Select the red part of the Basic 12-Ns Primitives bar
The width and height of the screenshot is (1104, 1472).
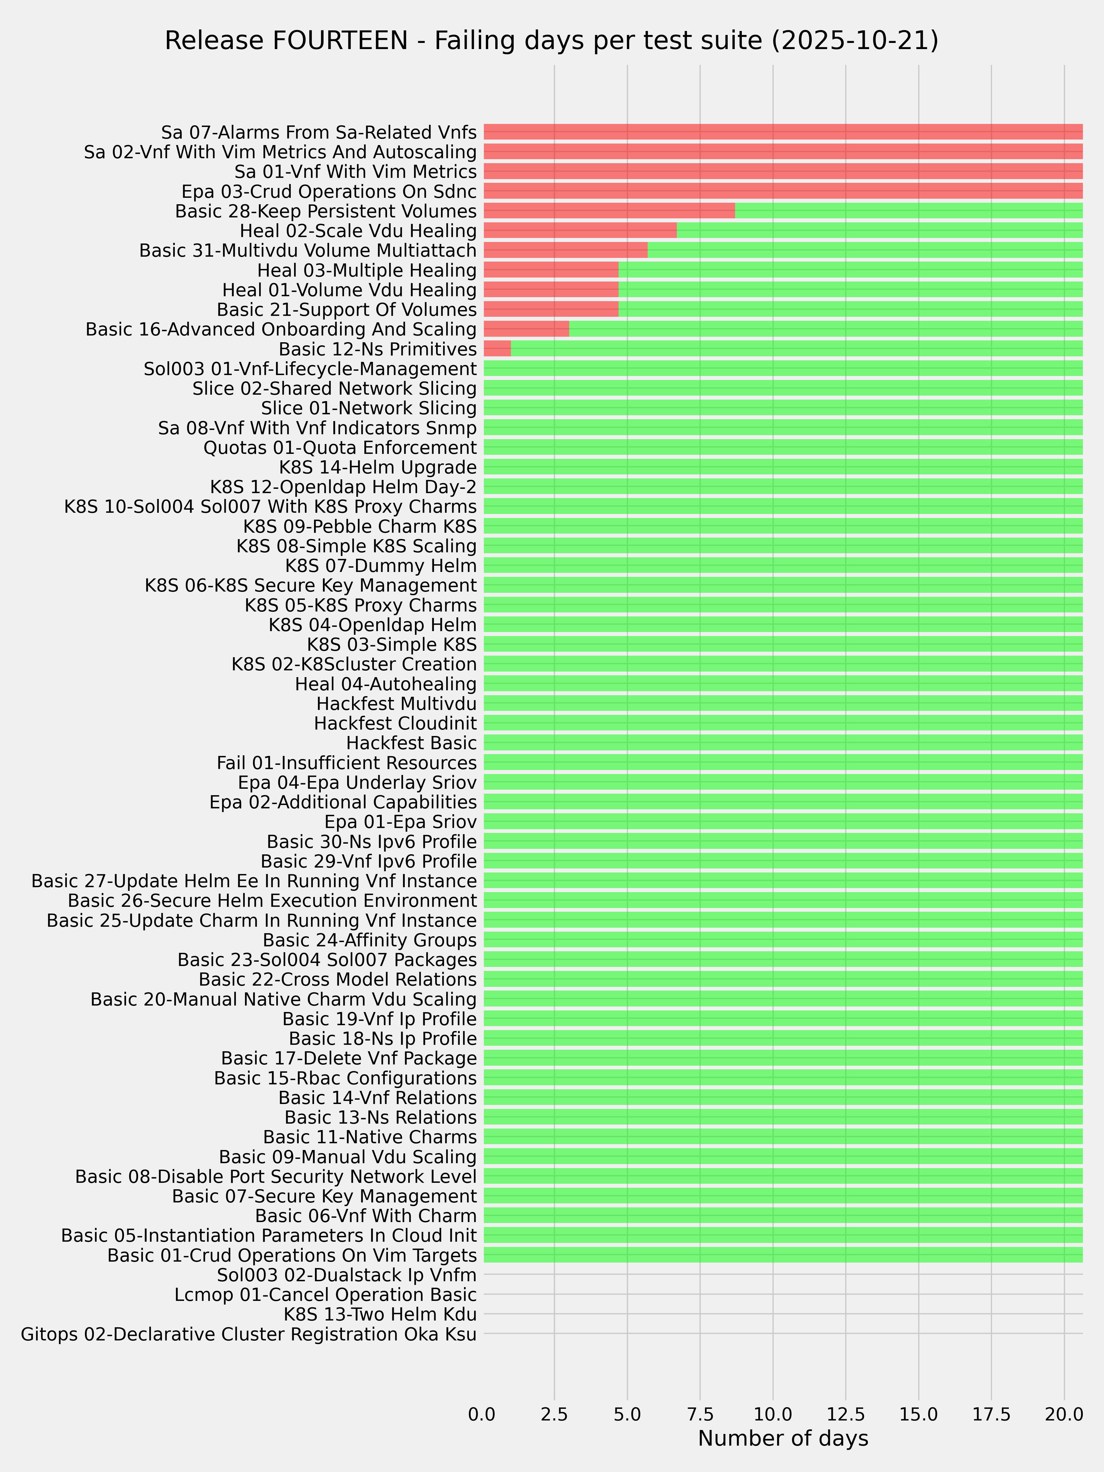(x=497, y=349)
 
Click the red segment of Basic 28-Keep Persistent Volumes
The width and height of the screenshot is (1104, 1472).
(x=609, y=211)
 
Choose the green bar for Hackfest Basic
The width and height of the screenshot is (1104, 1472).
(x=783, y=743)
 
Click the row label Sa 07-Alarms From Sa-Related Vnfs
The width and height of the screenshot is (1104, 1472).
(x=319, y=132)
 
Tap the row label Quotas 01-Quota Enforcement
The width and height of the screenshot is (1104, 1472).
(x=340, y=447)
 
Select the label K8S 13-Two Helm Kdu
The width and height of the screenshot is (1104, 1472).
(x=380, y=1314)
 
